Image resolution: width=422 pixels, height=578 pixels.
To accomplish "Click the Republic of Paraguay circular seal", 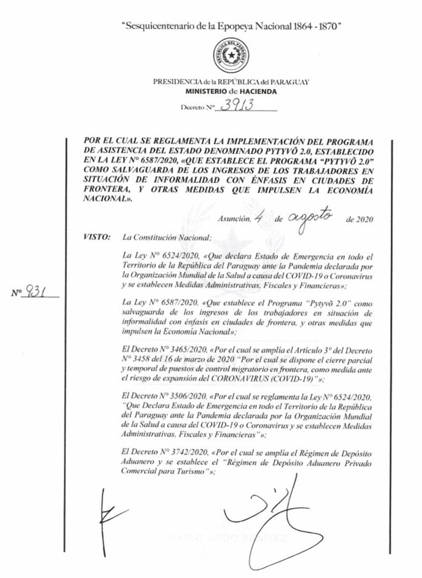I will (x=226, y=56).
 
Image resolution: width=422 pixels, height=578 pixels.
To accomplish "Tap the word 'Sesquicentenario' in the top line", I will (x=157, y=25).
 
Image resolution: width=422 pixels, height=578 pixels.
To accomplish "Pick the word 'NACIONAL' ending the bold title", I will (x=106, y=200).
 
